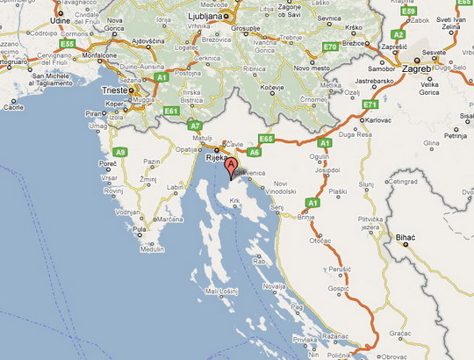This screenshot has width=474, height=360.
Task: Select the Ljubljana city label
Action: (x=206, y=16)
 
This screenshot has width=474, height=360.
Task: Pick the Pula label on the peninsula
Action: (x=138, y=229)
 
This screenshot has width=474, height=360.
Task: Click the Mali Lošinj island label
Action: (x=222, y=291)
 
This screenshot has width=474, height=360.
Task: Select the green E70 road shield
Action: (x=330, y=45)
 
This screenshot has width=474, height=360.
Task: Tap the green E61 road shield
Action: (x=172, y=111)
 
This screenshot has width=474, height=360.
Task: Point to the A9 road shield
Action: (x=120, y=152)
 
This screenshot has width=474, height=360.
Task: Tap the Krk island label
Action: (x=234, y=201)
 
